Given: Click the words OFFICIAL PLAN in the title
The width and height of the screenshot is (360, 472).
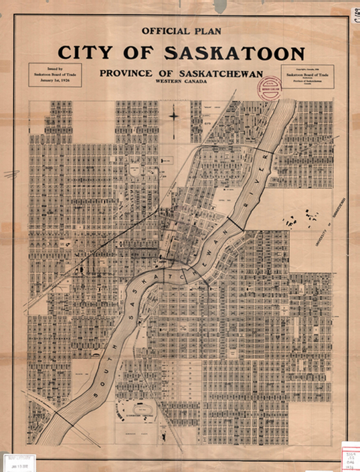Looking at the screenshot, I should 180,30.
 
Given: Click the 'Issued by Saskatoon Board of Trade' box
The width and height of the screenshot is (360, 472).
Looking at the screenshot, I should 53,76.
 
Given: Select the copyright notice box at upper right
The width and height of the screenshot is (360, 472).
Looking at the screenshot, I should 309,77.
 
